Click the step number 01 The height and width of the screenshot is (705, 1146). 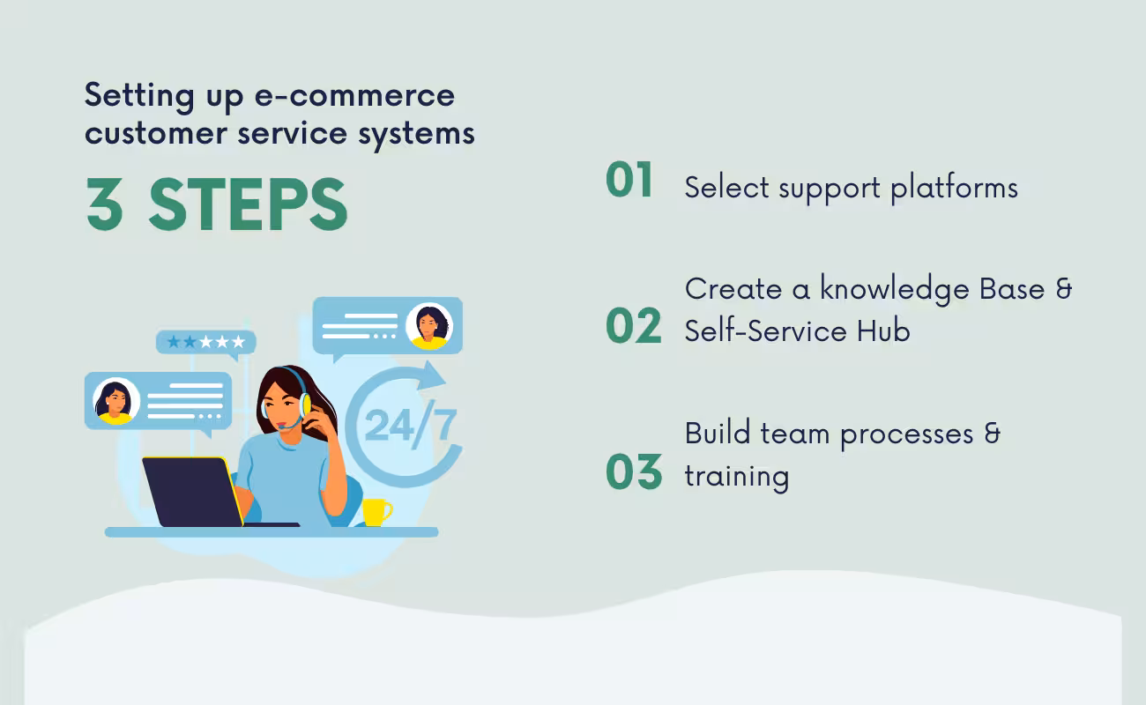(629, 181)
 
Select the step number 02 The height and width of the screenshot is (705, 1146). (633, 327)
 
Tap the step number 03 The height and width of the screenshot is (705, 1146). (633, 473)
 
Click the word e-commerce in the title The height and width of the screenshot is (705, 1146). (354, 95)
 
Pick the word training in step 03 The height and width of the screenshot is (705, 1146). (736, 476)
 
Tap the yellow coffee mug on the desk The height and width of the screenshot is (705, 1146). (376, 511)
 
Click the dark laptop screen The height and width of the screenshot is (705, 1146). (191, 491)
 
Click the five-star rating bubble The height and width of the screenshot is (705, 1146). (206, 342)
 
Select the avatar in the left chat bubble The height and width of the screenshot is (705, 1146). (116, 401)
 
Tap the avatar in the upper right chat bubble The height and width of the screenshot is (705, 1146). (428, 326)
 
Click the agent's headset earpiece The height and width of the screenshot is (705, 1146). (304, 405)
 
